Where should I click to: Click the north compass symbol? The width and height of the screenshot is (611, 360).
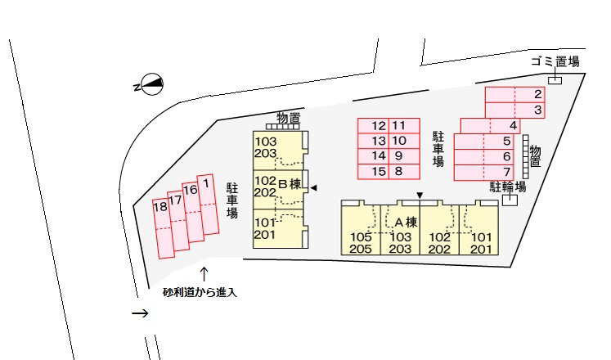(151, 84)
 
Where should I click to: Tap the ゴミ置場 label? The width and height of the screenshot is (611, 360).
(555, 61)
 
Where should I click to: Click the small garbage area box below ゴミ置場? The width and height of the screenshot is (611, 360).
(555, 80)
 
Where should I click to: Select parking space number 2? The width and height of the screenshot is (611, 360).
(514, 95)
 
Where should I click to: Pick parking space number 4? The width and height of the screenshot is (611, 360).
(490, 126)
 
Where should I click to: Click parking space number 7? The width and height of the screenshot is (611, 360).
(484, 172)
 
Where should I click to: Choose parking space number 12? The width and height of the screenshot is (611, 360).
(373, 126)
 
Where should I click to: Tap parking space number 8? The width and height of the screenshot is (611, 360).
(404, 172)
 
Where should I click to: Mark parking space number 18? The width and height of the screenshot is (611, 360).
(164, 229)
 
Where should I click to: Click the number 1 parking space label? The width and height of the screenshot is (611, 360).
(206, 183)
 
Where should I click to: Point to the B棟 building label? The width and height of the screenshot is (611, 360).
(290, 184)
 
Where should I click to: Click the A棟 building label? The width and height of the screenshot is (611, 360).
(406, 222)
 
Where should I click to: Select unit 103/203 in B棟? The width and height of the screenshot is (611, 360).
(277, 151)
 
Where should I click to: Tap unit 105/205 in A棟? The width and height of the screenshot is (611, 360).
(361, 230)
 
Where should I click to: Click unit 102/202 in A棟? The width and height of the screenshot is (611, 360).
(439, 230)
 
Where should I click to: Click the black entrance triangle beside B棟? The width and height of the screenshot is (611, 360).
(313, 188)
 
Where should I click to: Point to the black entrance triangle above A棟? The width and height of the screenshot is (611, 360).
(420, 195)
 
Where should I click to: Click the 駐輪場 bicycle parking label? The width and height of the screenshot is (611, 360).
(508, 187)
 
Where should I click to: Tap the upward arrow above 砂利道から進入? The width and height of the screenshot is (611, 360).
(204, 274)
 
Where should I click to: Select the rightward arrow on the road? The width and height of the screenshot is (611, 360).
(140, 313)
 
